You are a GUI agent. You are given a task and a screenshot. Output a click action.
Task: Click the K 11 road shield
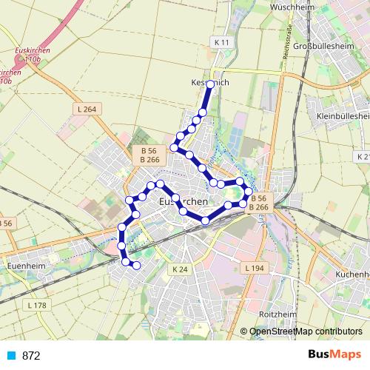click(x=220, y=43)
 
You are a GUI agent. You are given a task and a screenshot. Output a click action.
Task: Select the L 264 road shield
click(x=86, y=110)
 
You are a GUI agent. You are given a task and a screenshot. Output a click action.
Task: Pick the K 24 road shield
click(x=180, y=269)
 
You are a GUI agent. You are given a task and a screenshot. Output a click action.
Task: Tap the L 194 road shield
click(x=252, y=267)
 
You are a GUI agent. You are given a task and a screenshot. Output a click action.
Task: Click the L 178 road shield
click(x=36, y=304)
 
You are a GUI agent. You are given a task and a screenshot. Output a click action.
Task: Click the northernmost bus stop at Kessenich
click(x=211, y=84)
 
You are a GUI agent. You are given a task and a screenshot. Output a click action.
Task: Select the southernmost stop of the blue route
click(x=136, y=265)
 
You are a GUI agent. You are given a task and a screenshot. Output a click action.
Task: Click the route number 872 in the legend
click(x=31, y=355)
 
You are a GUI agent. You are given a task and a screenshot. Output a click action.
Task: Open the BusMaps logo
click(x=334, y=354)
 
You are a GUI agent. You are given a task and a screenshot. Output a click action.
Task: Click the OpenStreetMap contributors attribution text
click(x=306, y=332)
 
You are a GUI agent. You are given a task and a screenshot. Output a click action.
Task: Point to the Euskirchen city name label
click(x=181, y=201)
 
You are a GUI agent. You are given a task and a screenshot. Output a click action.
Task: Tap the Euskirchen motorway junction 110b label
click(x=30, y=54)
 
